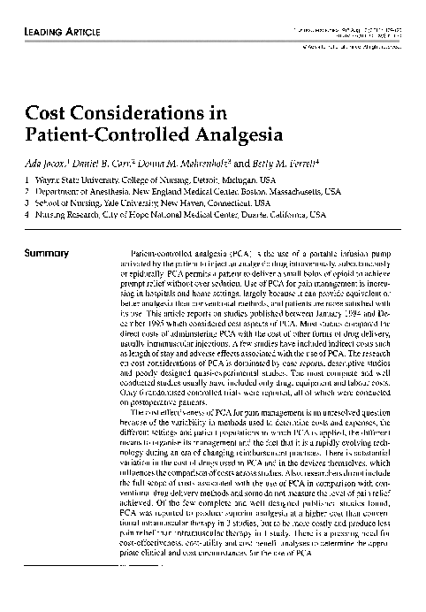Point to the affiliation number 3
27,203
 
